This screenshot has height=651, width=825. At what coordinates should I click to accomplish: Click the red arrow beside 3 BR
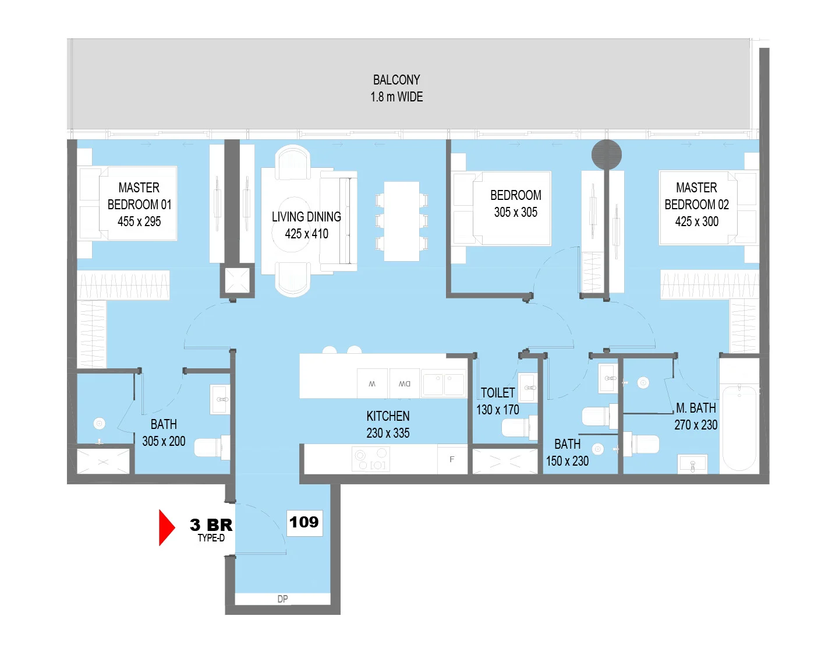point(167,528)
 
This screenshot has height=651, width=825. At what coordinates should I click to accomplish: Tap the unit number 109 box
point(304,523)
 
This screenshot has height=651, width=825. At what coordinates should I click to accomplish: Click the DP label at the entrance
point(282,599)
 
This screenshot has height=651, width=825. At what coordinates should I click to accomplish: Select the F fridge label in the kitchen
point(452,459)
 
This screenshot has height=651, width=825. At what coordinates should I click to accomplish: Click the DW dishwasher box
point(405,383)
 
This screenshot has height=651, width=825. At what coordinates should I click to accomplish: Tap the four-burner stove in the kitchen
point(371,459)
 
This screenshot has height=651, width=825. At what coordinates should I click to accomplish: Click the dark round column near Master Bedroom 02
point(606,154)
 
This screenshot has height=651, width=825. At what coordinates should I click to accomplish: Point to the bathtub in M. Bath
point(739,428)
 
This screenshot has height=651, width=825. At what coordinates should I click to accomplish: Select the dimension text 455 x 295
point(139,221)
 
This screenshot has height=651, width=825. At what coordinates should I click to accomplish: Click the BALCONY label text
point(396,80)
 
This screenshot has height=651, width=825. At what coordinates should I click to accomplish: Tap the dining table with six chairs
point(401,221)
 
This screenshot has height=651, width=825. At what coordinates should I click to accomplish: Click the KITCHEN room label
point(388,416)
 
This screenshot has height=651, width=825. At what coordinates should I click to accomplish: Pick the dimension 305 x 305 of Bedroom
point(516,212)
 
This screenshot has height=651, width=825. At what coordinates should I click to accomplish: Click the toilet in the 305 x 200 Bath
point(212,447)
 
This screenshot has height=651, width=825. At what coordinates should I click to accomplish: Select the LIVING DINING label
point(306,217)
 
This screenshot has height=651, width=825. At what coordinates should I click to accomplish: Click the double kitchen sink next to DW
point(444,383)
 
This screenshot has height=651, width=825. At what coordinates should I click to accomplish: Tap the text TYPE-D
point(211,538)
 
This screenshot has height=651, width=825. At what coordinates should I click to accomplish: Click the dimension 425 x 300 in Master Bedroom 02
point(696,221)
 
